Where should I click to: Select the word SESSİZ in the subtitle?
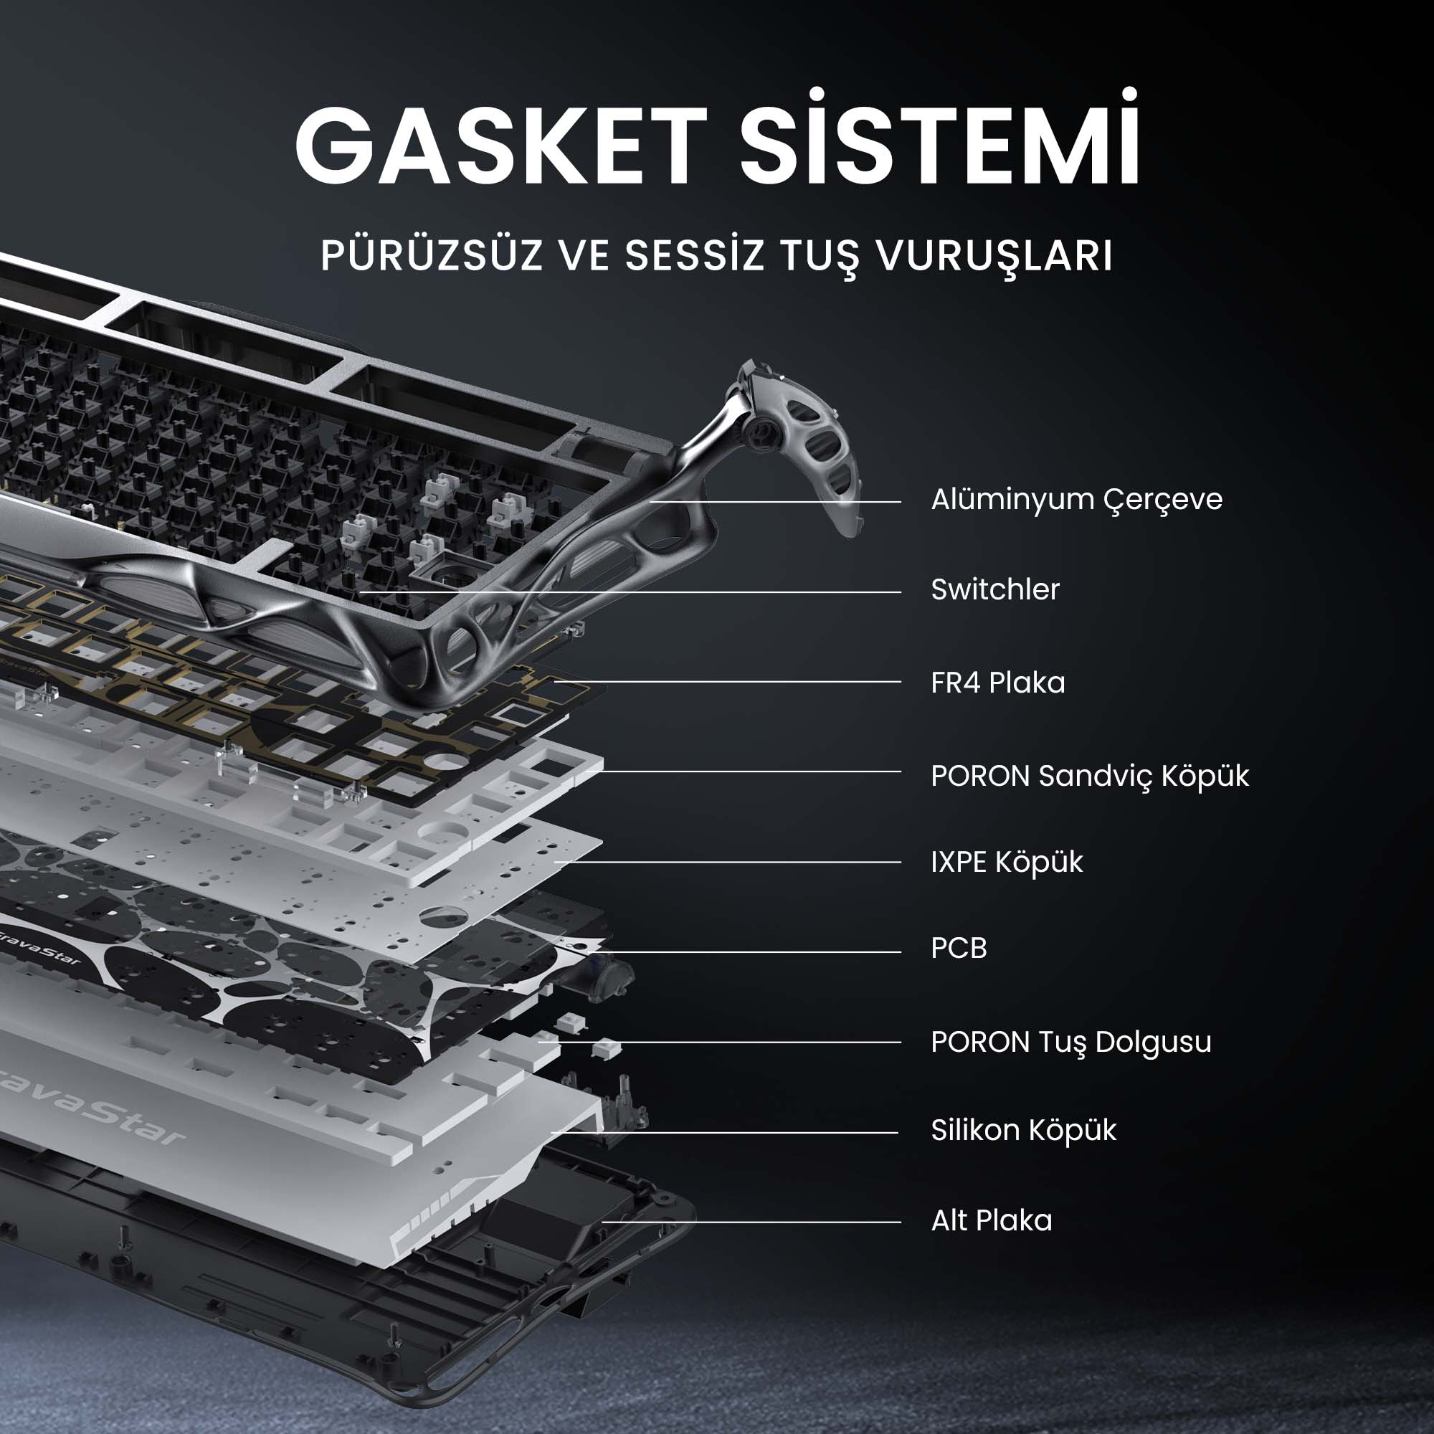pyautogui.click(x=695, y=256)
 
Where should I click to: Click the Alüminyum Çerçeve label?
pyautogui.click(x=1076, y=500)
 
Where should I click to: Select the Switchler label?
pyautogui.click(x=994, y=589)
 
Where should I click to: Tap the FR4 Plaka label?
pyautogui.click(x=997, y=682)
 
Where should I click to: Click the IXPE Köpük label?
pyautogui.click(x=1007, y=863)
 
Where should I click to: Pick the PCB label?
pyautogui.click(x=958, y=949)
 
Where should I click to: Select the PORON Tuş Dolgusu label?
pyautogui.click(x=1070, y=1042)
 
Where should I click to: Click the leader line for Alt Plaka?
pyautogui.click(x=750, y=1222)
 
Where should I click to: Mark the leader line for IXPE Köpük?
pyautogui.click(x=727, y=863)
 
